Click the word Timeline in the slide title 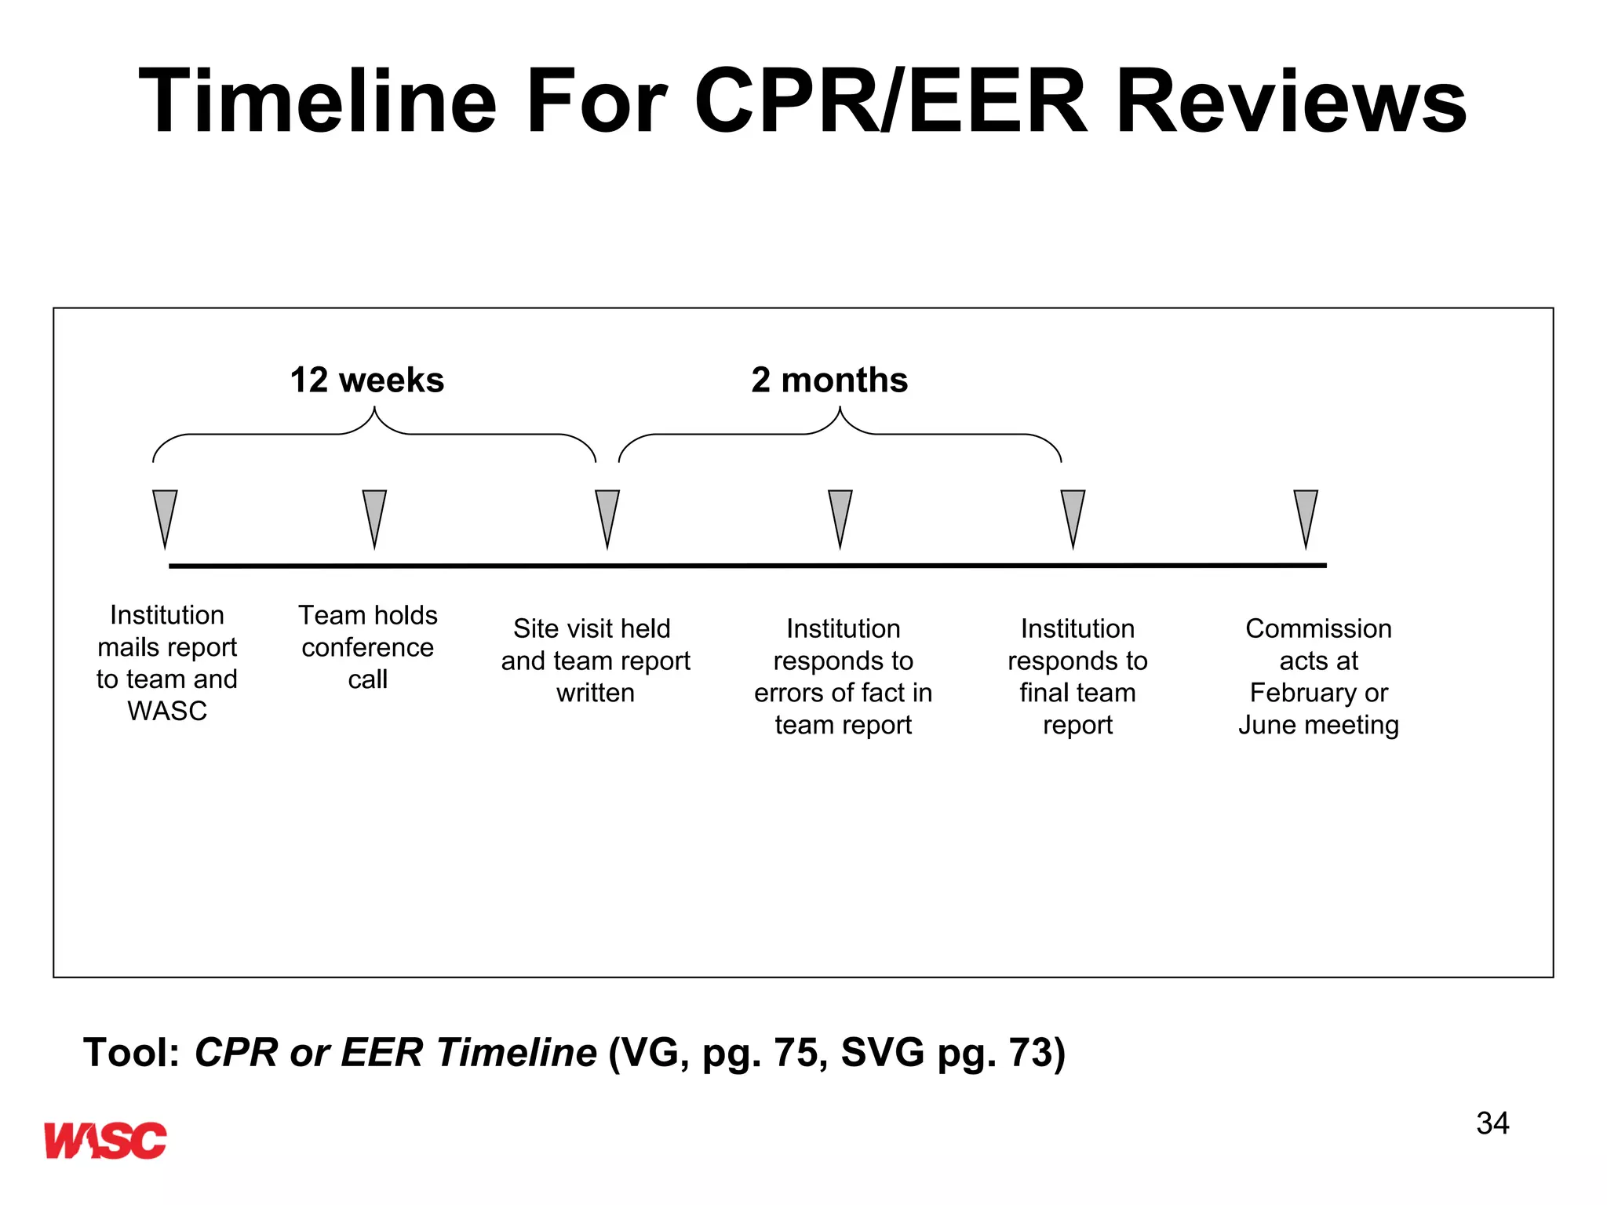coord(318,102)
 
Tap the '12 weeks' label coord(367,380)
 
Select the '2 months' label coord(829,380)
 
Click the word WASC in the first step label coord(167,711)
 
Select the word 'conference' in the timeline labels coord(367,647)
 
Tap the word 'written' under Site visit coord(596,693)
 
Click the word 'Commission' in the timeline coord(1318,628)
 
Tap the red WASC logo coord(105,1140)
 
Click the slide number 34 coord(1492,1123)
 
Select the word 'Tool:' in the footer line coord(132,1053)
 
